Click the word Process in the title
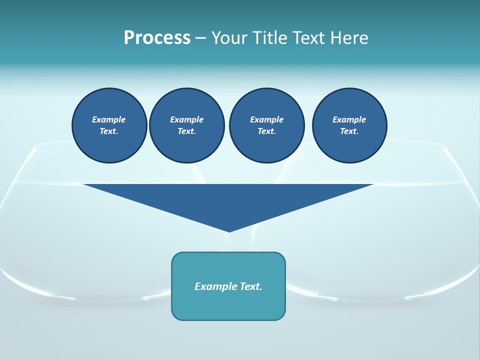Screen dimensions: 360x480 click(x=157, y=38)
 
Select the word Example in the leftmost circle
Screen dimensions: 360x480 click(x=109, y=119)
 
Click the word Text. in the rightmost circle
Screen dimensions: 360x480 click(x=349, y=131)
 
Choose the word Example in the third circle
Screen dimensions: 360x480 click(x=267, y=119)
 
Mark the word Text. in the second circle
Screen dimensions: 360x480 click(x=187, y=131)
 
